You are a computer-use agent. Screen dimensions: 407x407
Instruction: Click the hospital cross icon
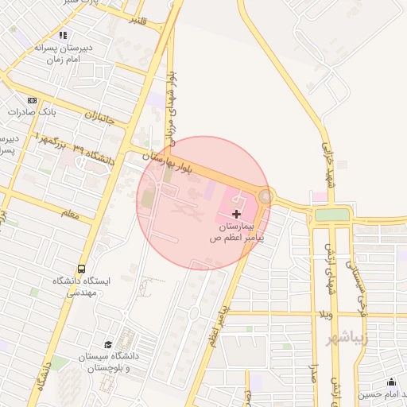click(236, 214)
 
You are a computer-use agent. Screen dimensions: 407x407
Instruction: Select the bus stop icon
click(82, 269)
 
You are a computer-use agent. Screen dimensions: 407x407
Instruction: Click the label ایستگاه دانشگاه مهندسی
click(83, 287)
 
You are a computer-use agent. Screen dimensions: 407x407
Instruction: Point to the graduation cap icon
click(108, 345)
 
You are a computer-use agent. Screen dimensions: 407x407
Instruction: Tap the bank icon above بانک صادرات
click(32, 100)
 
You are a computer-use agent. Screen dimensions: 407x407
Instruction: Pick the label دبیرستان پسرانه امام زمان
click(64, 53)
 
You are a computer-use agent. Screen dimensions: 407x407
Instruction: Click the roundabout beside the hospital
click(266, 196)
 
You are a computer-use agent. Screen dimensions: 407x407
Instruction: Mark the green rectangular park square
click(331, 214)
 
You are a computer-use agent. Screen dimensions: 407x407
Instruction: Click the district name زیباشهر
click(348, 338)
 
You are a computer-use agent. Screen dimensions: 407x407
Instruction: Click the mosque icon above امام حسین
click(390, 382)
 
